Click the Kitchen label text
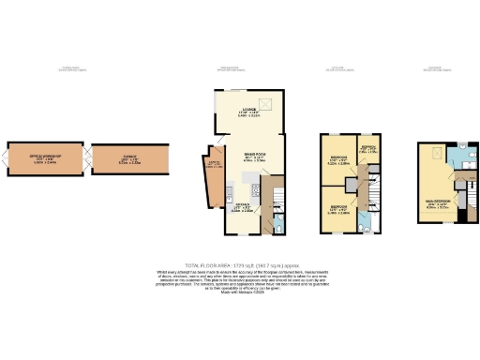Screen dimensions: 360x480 pos(242,208)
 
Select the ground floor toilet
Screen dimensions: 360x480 pos(280,225)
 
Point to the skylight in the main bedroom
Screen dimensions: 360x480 pos(436,157)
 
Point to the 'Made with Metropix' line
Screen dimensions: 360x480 pos(240,294)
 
